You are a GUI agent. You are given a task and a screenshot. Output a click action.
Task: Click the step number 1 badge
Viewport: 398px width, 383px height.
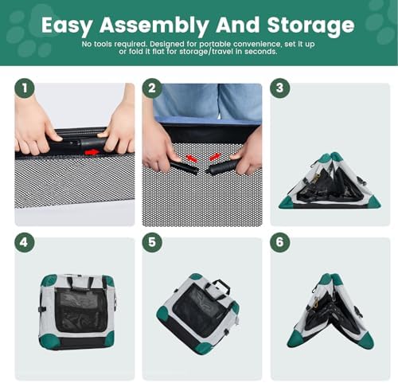click(25, 88)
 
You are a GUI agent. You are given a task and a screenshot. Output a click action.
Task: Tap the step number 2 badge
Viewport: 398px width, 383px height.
click(152, 88)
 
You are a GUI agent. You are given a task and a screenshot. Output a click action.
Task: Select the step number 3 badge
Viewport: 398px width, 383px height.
click(280, 88)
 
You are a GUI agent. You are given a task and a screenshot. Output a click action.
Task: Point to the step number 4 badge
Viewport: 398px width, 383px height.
click(25, 243)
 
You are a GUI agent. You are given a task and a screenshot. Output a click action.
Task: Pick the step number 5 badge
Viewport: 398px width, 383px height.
click(152, 243)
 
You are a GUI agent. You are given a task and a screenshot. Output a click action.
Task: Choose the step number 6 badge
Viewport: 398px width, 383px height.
click(280, 243)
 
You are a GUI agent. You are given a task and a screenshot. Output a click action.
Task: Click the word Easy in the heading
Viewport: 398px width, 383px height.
click(67, 25)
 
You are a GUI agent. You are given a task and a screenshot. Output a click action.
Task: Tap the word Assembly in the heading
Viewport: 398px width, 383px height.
click(154, 25)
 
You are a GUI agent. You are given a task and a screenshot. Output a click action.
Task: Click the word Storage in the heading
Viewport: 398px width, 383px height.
click(310, 25)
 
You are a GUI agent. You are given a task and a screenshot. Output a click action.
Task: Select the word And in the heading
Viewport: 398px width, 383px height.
click(237, 25)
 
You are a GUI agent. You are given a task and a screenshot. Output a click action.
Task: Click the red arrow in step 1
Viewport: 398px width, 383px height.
click(92, 153)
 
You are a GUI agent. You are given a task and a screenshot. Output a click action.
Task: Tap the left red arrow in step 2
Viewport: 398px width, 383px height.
click(192, 158)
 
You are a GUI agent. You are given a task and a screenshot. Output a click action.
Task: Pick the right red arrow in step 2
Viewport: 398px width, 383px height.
click(215, 157)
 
